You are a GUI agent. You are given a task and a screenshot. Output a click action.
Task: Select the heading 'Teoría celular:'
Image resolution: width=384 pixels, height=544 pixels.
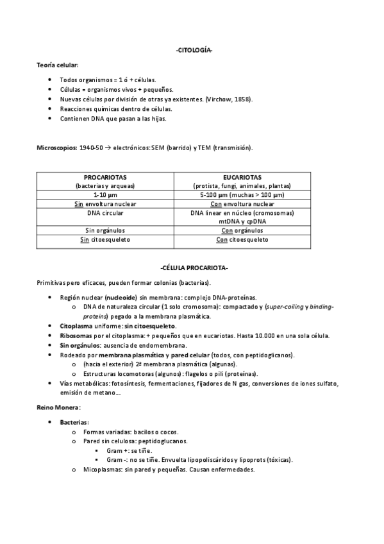coord(58,66)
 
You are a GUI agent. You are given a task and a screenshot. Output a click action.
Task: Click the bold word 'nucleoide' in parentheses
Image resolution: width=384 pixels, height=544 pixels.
coord(122,298)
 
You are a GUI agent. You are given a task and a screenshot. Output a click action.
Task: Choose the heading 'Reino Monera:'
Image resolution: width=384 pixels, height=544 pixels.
coord(58,407)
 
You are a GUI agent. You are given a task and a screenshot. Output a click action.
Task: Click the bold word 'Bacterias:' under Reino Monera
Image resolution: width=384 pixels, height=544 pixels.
coord(74,422)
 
